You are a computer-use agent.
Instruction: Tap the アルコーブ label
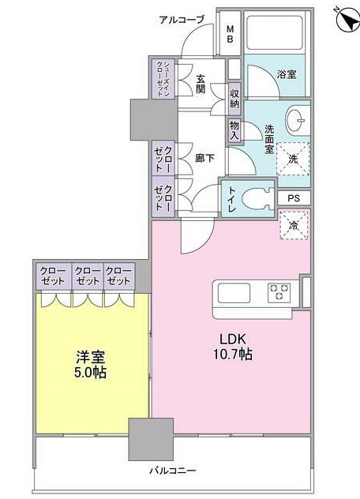(x=182, y=19)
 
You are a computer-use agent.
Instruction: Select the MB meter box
(x=230, y=34)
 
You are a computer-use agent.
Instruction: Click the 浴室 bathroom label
(x=286, y=73)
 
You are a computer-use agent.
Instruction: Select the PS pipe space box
(x=294, y=197)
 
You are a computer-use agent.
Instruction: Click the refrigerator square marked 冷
(x=294, y=226)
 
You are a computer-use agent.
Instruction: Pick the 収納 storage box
(x=235, y=98)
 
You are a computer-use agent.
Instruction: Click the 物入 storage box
(x=235, y=129)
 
